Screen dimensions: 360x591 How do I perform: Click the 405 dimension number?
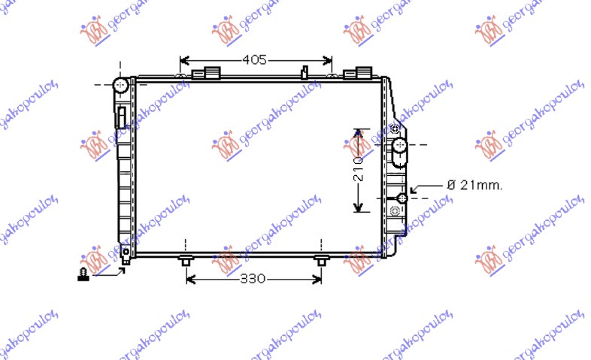tap(254, 60)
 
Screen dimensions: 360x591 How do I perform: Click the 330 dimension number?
tap(253, 279)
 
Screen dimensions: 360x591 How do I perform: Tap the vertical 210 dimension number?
tap(359, 171)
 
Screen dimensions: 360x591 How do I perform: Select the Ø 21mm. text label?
tap(474, 184)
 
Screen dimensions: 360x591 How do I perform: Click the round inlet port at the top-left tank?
tap(120, 85)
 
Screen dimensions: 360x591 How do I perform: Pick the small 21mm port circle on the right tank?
tap(402, 198)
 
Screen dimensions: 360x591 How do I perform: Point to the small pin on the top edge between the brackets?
tap(305, 72)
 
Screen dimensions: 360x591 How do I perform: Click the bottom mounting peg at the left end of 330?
tap(186, 261)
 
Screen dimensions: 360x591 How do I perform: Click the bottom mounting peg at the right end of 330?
tap(321, 261)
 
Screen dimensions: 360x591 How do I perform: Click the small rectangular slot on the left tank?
tap(120, 116)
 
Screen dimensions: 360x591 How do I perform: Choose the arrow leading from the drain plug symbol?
tap(113, 271)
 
